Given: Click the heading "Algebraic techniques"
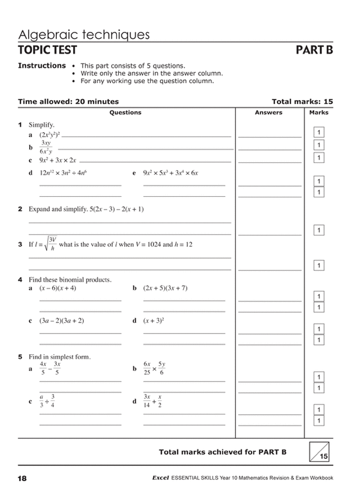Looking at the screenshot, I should point(84,35).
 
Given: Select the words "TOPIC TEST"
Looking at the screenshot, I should point(47,51).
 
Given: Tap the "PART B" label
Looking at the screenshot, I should point(314,51).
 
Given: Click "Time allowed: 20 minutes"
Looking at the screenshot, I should point(68,102).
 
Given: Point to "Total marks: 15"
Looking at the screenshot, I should point(302,102).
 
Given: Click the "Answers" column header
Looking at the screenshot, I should point(268,112).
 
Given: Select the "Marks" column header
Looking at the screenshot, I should point(319,112).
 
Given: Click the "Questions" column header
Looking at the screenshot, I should point(125,112).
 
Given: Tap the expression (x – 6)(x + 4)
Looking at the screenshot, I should point(57,288).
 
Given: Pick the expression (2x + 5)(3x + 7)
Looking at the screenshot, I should point(165,288).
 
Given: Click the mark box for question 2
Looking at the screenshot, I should point(319,230).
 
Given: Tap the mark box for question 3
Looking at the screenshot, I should point(319,265).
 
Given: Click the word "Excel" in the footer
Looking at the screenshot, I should point(161,478).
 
